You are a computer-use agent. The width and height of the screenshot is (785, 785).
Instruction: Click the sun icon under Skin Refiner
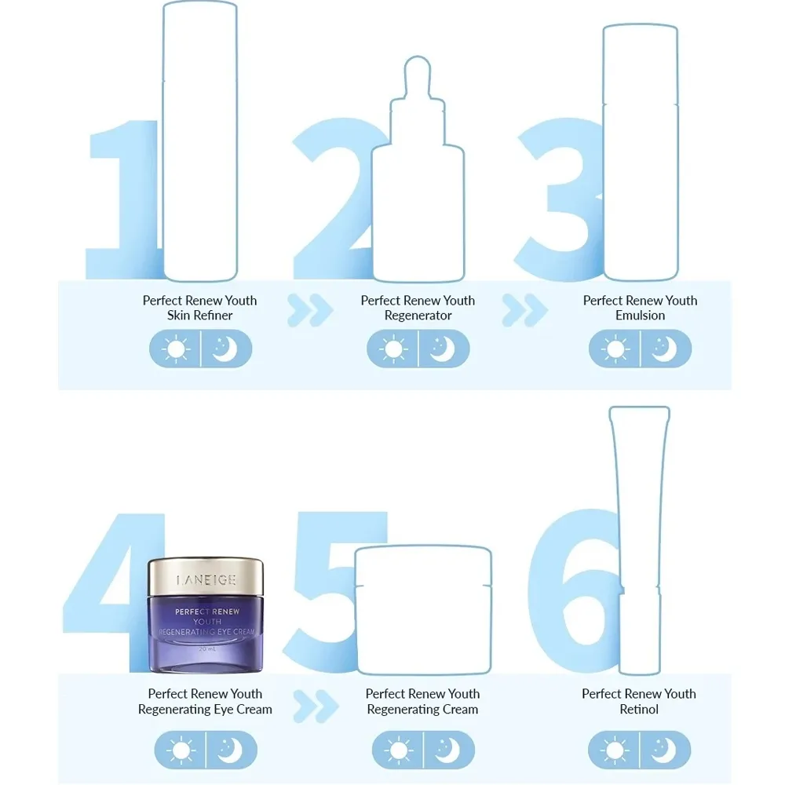click(x=176, y=349)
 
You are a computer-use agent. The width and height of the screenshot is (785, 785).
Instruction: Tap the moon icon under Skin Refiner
click(x=225, y=349)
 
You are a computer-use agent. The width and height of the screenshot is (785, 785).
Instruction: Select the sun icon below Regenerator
click(x=393, y=349)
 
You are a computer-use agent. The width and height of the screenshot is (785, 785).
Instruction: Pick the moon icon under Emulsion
click(x=664, y=349)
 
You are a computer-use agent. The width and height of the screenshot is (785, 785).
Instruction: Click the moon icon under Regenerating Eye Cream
click(x=230, y=750)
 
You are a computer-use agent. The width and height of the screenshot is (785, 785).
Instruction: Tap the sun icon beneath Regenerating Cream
click(x=399, y=750)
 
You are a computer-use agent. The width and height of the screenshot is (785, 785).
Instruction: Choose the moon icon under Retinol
click(x=663, y=750)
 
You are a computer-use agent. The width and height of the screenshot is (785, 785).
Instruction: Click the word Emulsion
click(x=640, y=316)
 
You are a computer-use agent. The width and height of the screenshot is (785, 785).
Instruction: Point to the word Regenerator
click(x=418, y=316)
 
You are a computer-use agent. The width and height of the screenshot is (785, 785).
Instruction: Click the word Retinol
click(x=639, y=709)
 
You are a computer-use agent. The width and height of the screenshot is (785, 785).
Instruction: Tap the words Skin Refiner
click(x=199, y=316)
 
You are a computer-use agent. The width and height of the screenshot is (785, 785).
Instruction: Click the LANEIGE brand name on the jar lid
click(x=206, y=580)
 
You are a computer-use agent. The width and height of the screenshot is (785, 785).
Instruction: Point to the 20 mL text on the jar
click(x=206, y=649)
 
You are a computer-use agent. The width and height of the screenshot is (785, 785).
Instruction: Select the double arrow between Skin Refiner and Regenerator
click(x=310, y=310)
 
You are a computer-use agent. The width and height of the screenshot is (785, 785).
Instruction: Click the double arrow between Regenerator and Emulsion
click(x=524, y=310)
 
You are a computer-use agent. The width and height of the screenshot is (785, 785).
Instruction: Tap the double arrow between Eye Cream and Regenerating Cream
click(x=316, y=706)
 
